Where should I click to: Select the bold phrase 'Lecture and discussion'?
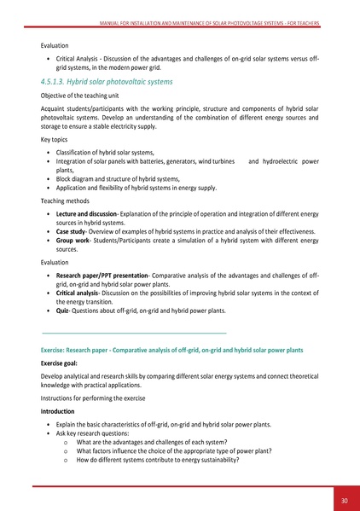[x=87, y=208]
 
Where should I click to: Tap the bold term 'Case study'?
[x=74, y=231]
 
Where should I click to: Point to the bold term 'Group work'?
[x=75, y=242]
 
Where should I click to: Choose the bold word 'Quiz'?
[x=63, y=311]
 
